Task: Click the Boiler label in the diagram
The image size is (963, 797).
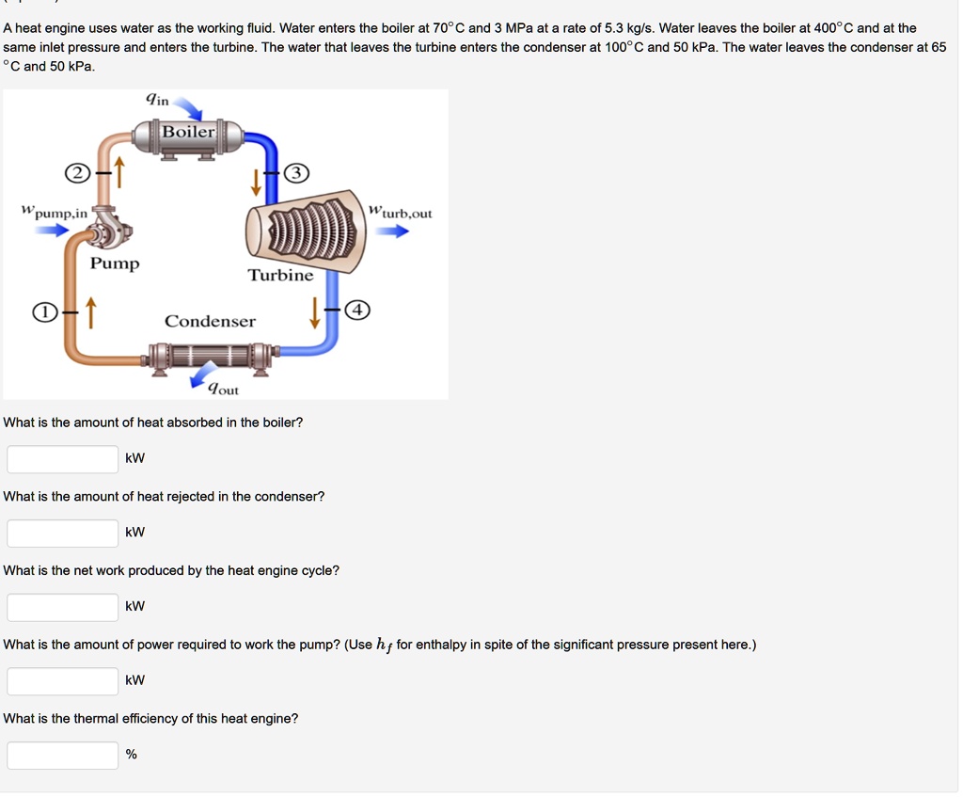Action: (189, 132)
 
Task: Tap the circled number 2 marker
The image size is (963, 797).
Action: (75, 173)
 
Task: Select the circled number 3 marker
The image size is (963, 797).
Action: (296, 173)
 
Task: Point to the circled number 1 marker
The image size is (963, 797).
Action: (42, 312)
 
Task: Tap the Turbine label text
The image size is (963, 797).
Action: (280, 275)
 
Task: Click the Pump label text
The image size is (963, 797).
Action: (115, 263)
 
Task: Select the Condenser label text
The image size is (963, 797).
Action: (210, 321)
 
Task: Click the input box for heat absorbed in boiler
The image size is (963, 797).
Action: (63, 458)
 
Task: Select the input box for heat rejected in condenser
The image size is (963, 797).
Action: (63, 533)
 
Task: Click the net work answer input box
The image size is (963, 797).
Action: (63, 607)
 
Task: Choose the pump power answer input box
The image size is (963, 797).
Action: (63, 680)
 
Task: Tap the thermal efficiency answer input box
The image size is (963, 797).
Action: (63, 755)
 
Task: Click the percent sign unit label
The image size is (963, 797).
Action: (132, 754)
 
